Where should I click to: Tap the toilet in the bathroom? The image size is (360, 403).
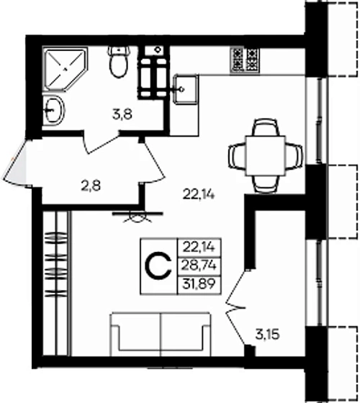click(119, 64)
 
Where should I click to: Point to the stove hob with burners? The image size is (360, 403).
click(246, 60)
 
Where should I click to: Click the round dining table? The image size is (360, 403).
click(264, 153)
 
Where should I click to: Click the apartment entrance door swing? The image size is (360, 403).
click(17, 161)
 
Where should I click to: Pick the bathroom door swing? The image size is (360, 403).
click(101, 142)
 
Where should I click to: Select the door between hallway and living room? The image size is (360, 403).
click(153, 162)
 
